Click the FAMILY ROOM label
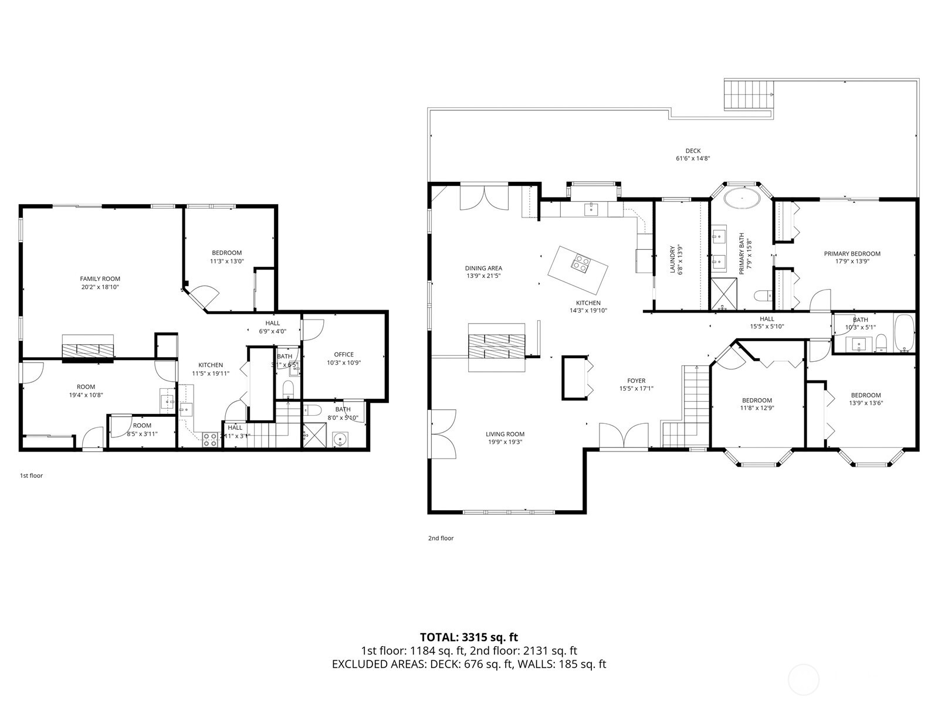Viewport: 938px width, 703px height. coord(100,279)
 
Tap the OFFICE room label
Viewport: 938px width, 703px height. coord(344,354)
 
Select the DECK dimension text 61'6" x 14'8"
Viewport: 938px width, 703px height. coord(693,158)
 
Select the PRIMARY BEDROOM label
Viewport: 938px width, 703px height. coord(852,254)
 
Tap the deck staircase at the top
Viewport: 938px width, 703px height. coord(748,95)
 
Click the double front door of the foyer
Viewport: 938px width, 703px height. coord(624,438)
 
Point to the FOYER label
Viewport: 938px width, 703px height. coord(636,381)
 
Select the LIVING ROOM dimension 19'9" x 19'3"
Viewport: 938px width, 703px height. coord(504,442)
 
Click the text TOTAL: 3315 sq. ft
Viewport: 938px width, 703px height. coord(469,637)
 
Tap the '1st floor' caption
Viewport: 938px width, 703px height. coord(31,476)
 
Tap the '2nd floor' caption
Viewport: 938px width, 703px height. coord(441,538)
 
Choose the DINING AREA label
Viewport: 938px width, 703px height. coord(484,268)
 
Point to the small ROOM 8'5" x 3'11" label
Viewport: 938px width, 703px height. coord(142,426)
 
